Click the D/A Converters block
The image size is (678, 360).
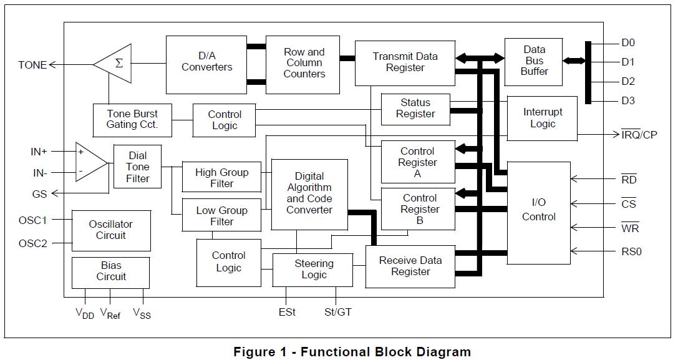click(x=206, y=64)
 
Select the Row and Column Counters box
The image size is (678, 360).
click(x=304, y=64)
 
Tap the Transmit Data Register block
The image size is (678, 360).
click(x=405, y=63)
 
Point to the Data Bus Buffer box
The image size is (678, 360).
click(x=535, y=61)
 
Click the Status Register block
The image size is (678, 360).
click(x=415, y=109)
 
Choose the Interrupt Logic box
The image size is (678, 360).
click(x=542, y=118)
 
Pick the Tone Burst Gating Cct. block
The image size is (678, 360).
click(x=132, y=119)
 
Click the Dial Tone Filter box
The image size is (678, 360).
click(x=137, y=167)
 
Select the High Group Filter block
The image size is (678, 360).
click(x=221, y=178)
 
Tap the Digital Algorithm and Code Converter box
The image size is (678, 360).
click(x=309, y=193)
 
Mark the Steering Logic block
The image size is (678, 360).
click(x=314, y=270)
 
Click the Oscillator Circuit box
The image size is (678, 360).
click(x=111, y=230)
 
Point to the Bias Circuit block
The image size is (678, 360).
click(x=111, y=272)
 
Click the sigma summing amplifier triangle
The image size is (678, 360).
click(x=117, y=64)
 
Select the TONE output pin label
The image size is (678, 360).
click(x=32, y=65)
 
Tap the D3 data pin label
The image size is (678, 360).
click(x=627, y=101)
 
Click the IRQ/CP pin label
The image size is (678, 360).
click(x=639, y=135)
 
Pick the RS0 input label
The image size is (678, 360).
click(x=631, y=252)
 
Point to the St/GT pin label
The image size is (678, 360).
click(x=338, y=312)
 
